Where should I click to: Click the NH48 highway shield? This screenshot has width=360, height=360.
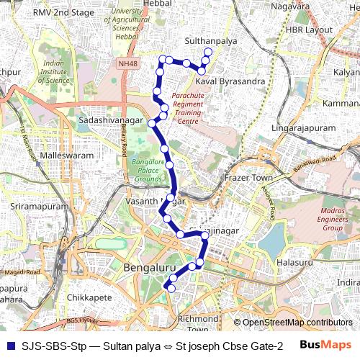click(x=128, y=63)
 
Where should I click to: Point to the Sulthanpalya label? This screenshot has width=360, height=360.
click(x=211, y=41)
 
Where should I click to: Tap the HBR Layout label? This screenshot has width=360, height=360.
click(x=310, y=31)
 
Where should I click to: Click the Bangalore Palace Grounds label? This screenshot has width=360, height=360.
click(x=148, y=170)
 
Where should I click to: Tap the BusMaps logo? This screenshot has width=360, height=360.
click(x=326, y=346)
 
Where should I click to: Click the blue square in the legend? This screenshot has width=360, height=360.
click(x=9, y=346)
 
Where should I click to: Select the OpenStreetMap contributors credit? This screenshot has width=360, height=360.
click(x=292, y=323)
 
